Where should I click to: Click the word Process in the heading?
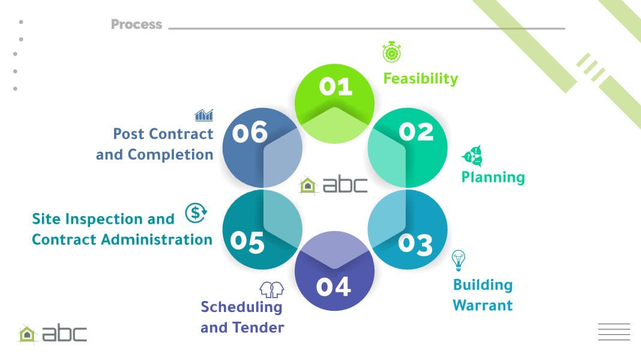pos(136,25)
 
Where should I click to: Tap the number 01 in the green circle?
pos(336,87)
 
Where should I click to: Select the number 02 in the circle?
pos(416,131)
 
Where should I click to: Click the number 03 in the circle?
pos(415,244)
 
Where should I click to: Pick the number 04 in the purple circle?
pos(334,287)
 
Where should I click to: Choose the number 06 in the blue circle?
pos(250,133)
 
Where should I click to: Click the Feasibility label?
pos(420,79)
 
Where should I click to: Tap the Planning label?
pos(493,177)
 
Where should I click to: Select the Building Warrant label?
pos(483,295)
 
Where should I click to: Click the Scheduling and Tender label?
pos(242,317)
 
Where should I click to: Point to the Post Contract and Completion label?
pos(155,144)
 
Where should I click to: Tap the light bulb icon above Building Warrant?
pos(459,260)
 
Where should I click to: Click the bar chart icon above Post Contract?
pos(203,115)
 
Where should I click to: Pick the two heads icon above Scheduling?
pos(271,289)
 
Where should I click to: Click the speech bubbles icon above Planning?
pos(472,156)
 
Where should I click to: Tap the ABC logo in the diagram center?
pos(334,185)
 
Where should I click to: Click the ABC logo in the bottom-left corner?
pos(53,334)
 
